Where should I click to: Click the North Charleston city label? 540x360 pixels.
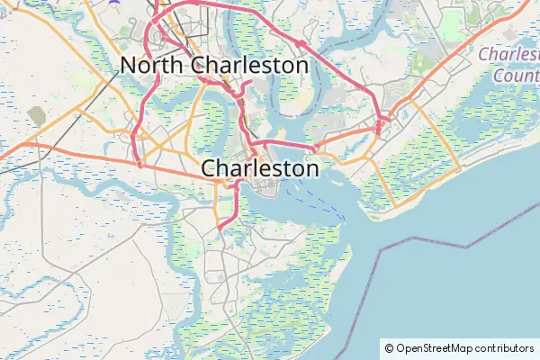click(214, 65)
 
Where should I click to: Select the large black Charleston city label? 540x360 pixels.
click(260, 168)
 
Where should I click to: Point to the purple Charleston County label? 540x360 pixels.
click(508, 64)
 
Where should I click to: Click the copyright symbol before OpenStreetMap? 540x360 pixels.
click(389, 348)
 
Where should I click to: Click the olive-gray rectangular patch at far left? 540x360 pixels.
click(36, 114)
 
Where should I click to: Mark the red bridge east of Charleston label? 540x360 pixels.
click(288, 143)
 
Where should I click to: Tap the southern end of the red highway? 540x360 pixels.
click(220, 228)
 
